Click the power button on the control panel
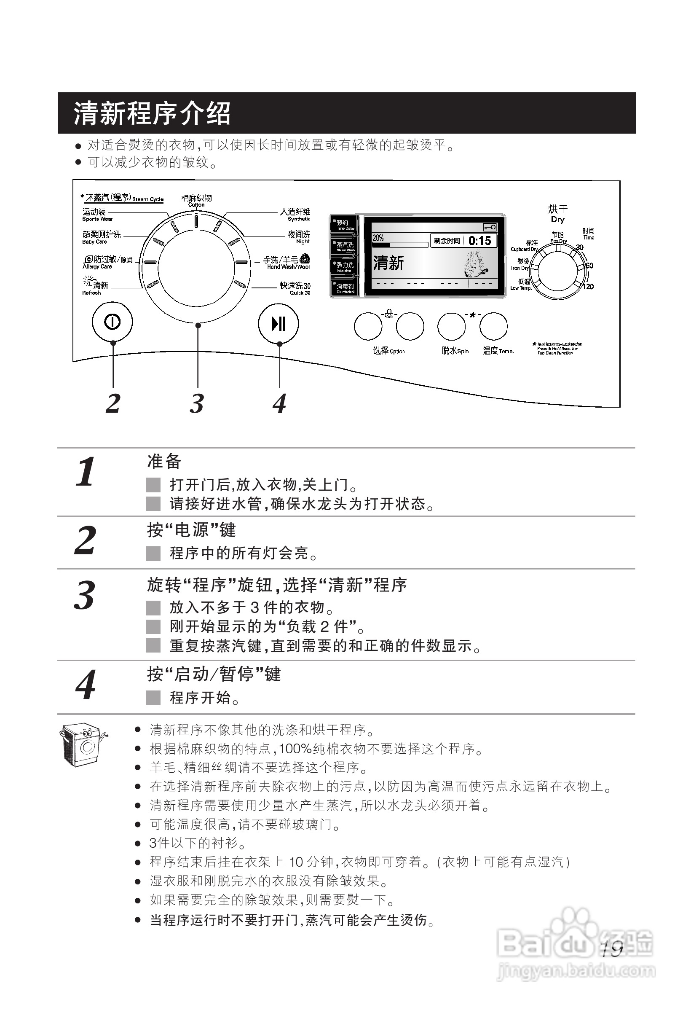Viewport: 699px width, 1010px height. coord(112,322)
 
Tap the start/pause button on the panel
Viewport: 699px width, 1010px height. coord(279,324)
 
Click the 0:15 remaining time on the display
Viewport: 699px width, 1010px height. coord(479,241)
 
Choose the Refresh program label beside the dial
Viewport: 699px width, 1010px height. coord(96,287)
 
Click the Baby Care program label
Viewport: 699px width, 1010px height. coord(101,237)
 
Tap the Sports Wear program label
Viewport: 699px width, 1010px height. coord(97,215)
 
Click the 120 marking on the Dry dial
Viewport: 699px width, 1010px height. coord(589,287)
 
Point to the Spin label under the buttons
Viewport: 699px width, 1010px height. coord(455,351)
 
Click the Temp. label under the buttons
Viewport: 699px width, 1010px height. coord(498,351)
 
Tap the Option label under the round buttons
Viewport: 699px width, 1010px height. coord(388,351)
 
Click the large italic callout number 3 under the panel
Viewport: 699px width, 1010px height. coord(197,403)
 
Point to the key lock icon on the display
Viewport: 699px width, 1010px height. coord(490,227)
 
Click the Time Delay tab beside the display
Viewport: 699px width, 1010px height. coord(344,225)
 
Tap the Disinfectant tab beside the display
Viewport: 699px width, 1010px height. coord(344,288)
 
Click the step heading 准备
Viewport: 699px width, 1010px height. coord(164,462)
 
